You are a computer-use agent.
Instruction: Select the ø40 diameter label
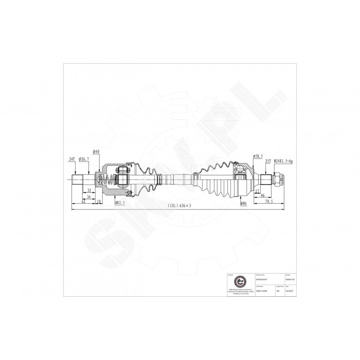(x=96, y=151)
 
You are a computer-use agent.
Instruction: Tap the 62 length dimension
(x=83, y=201)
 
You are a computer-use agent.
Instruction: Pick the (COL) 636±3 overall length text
(x=179, y=206)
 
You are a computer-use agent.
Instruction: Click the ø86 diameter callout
(x=244, y=204)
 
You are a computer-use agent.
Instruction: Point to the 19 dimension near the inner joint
(x=98, y=201)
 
